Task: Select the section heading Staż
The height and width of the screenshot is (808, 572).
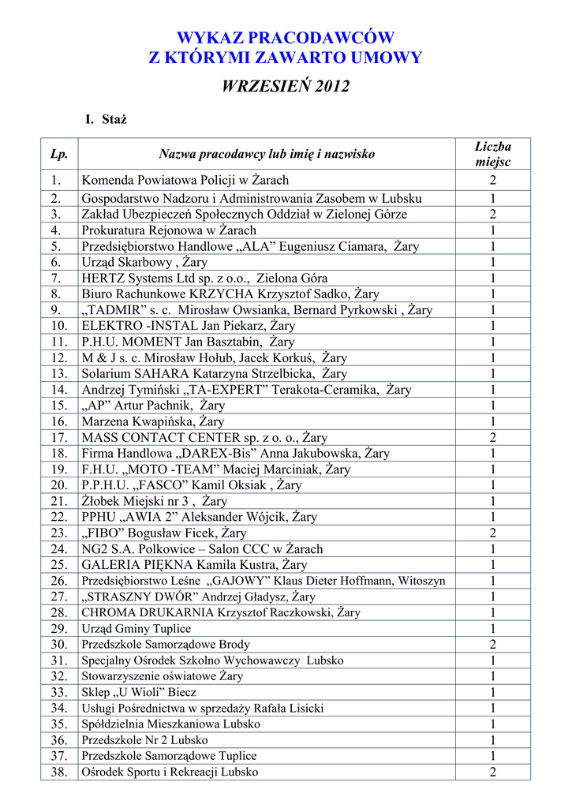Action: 114,120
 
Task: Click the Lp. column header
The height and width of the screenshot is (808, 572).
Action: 59,154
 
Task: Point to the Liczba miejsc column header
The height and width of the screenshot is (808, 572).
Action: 492,154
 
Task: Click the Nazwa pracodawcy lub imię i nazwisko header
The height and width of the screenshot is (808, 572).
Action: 267,154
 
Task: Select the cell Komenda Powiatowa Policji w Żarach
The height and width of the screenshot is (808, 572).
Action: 185,180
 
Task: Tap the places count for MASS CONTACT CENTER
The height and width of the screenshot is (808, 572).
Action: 492,437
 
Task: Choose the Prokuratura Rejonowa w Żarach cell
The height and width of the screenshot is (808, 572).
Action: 169,230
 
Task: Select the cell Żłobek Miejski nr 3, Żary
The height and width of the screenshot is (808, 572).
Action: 155,501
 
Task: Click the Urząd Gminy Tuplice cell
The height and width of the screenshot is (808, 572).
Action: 136,629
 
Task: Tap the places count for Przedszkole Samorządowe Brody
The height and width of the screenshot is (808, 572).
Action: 492,645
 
